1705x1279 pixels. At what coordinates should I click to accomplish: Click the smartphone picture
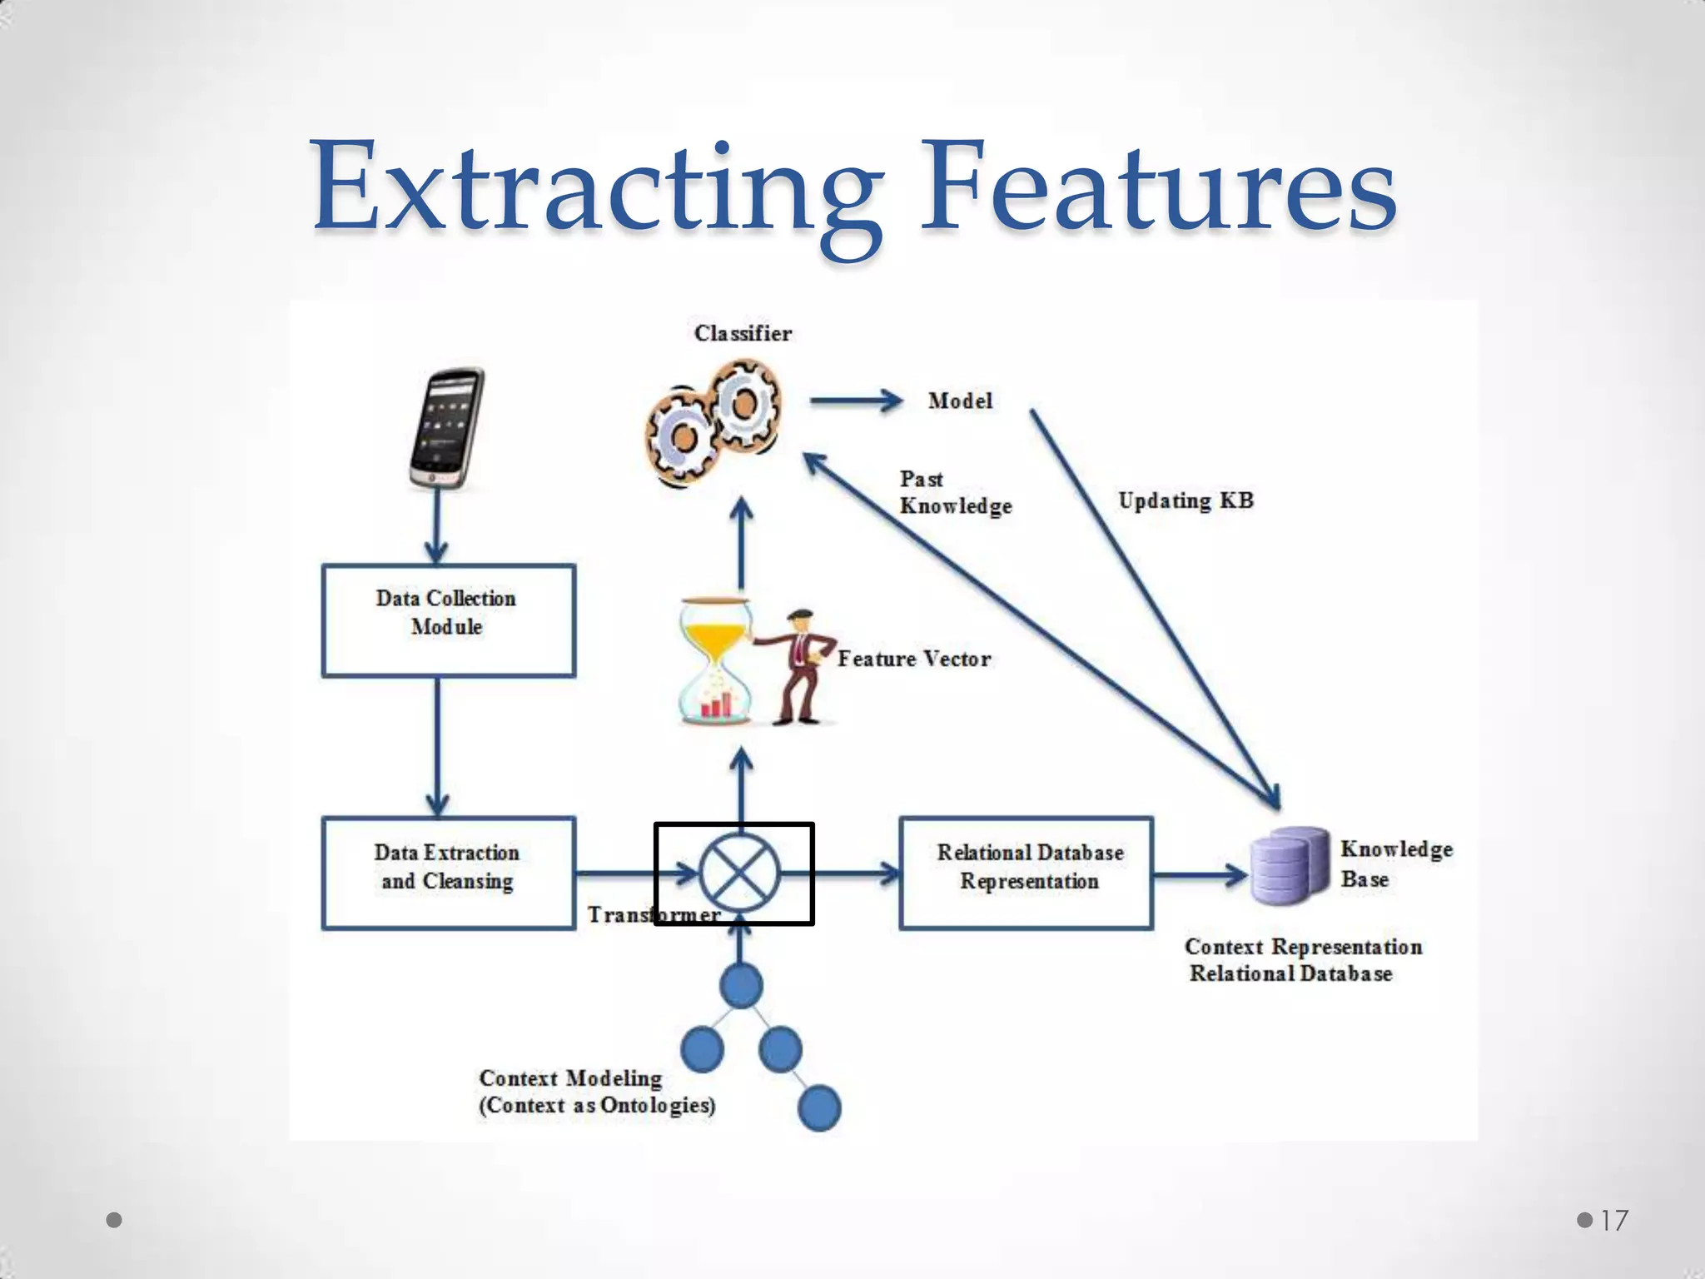(x=447, y=428)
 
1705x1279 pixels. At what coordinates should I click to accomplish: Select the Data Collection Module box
(x=448, y=620)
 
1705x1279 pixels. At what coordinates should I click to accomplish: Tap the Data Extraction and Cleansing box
(x=448, y=872)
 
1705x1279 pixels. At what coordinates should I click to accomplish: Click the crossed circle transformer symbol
(x=739, y=873)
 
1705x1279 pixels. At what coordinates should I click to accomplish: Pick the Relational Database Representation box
(x=1026, y=872)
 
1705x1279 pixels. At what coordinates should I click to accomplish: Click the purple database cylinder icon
(x=1290, y=865)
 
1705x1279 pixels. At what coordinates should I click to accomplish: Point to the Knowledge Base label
(x=1395, y=863)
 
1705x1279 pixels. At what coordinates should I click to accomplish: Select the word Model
(x=960, y=401)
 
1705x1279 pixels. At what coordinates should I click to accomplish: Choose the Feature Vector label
(x=913, y=659)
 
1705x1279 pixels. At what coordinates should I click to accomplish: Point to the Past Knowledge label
(x=954, y=492)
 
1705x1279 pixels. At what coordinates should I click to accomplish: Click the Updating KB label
(x=1185, y=500)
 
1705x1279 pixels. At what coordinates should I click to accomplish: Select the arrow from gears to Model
(x=856, y=401)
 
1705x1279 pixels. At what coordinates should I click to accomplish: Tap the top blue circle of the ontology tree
(x=740, y=985)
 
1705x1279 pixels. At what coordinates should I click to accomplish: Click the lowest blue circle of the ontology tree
(x=819, y=1107)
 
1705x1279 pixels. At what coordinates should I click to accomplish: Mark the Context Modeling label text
(x=596, y=1091)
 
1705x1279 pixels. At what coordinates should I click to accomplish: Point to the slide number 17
(x=1613, y=1221)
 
